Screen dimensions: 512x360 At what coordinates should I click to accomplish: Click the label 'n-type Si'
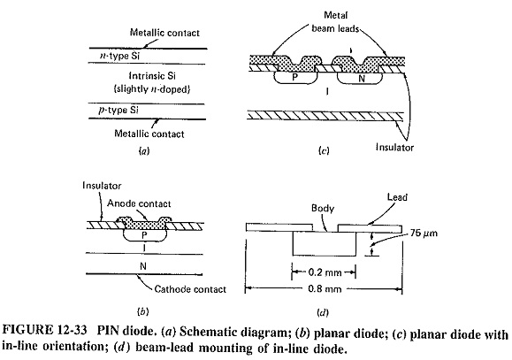pyautogui.click(x=119, y=57)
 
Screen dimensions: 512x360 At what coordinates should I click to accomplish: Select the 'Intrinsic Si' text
pyautogui.click(x=152, y=76)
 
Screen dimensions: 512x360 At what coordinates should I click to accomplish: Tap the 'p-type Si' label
pyautogui.click(x=118, y=110)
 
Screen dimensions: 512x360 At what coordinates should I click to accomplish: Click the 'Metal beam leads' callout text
pyautogui.click(x=335, y=22)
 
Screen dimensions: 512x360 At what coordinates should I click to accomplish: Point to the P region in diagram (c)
pyautogui.click(x=295, y=77)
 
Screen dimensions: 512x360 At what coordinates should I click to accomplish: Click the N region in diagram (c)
pyautogui.click(x=360, y=78)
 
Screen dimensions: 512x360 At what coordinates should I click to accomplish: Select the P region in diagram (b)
pyautogui.click(x=145, y=234)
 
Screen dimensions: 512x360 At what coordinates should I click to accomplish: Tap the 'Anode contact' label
pyautogui.click(x=139, y=203)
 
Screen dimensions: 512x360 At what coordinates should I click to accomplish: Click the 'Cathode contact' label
pyautogui.click(x=190, y=289)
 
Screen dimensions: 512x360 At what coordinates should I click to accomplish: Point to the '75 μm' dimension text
pyautogui.click(x=424, y=234)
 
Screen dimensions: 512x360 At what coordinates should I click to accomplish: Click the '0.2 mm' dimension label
pyautogui.click(x=325, y=272)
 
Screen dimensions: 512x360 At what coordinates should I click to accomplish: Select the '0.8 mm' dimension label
pyautogui.click(x=325, y=288)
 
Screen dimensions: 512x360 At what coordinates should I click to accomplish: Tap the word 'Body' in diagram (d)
pyautogui.click(x=323, y=209)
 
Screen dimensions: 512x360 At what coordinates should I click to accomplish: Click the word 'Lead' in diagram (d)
pyautogui.click(x=397, y=197)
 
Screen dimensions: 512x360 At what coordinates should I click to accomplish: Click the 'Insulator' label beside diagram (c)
pyautogui.click(x=394, y=148)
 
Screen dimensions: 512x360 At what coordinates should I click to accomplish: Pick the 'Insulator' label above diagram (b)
pyautogui.click(x=102, y=186)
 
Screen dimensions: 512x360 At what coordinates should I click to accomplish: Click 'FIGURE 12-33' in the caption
pyautogui.click(x=45, y=331)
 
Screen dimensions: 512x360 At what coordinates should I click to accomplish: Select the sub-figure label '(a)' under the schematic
pyautogui.click(x=143, y=150)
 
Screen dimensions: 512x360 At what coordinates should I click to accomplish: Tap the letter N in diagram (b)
pyautogui.click(x=143, y=266)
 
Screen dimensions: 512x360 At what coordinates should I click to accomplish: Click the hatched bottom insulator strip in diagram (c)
pyautogui.click(x=325, y=115)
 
